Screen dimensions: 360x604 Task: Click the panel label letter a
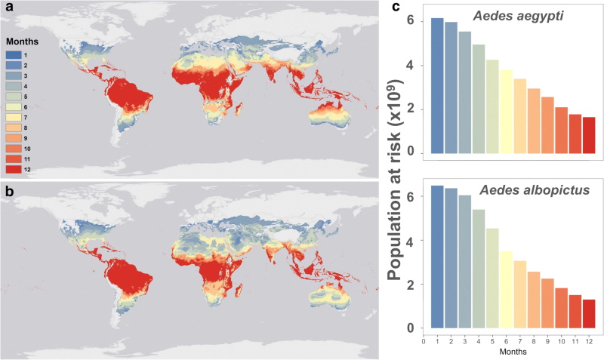click(x=7, y=7)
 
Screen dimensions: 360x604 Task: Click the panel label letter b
click(x=7, y=186)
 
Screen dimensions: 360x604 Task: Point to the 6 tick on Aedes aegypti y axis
click(x=411, y=20)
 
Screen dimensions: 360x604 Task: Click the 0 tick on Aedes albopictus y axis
click(x=411, y=328)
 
